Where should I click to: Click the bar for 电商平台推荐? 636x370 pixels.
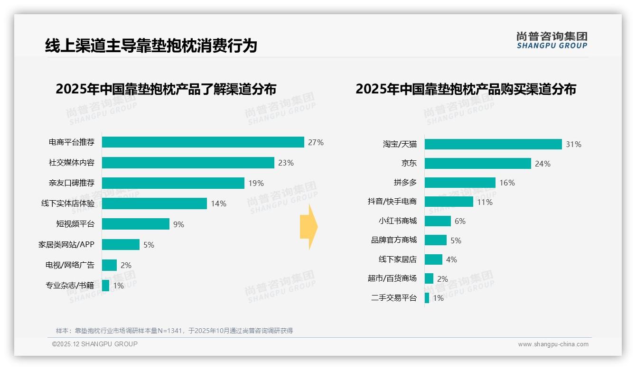click(203, 142)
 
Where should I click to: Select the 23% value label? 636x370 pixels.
click(286, 163)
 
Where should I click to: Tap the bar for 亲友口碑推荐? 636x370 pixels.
click(173, 183)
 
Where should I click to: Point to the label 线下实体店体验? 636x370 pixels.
click(68, 203)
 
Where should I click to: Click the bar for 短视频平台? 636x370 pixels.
click(135, 224)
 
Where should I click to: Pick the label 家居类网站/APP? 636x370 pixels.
click(66, 245)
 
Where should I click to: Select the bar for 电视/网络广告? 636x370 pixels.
click(109, 265)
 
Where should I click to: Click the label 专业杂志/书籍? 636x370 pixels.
click(70, 286)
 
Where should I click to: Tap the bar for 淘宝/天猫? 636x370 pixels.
click(493, 144)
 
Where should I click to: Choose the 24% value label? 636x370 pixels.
click(542, 164)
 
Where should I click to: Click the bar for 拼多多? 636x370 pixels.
click(460, 183)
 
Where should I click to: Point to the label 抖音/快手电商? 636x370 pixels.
click(392, 202)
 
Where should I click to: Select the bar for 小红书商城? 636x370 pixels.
click(438, 221)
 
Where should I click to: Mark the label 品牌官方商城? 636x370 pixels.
click(394, 240)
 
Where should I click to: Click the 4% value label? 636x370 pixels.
click(451, 259)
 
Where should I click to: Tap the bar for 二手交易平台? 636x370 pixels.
click(427, 298)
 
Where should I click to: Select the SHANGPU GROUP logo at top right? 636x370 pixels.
click(552, 40)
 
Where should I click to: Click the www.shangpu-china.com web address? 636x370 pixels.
click(553, 344)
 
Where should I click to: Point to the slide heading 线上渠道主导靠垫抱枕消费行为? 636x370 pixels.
click(151, 46)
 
